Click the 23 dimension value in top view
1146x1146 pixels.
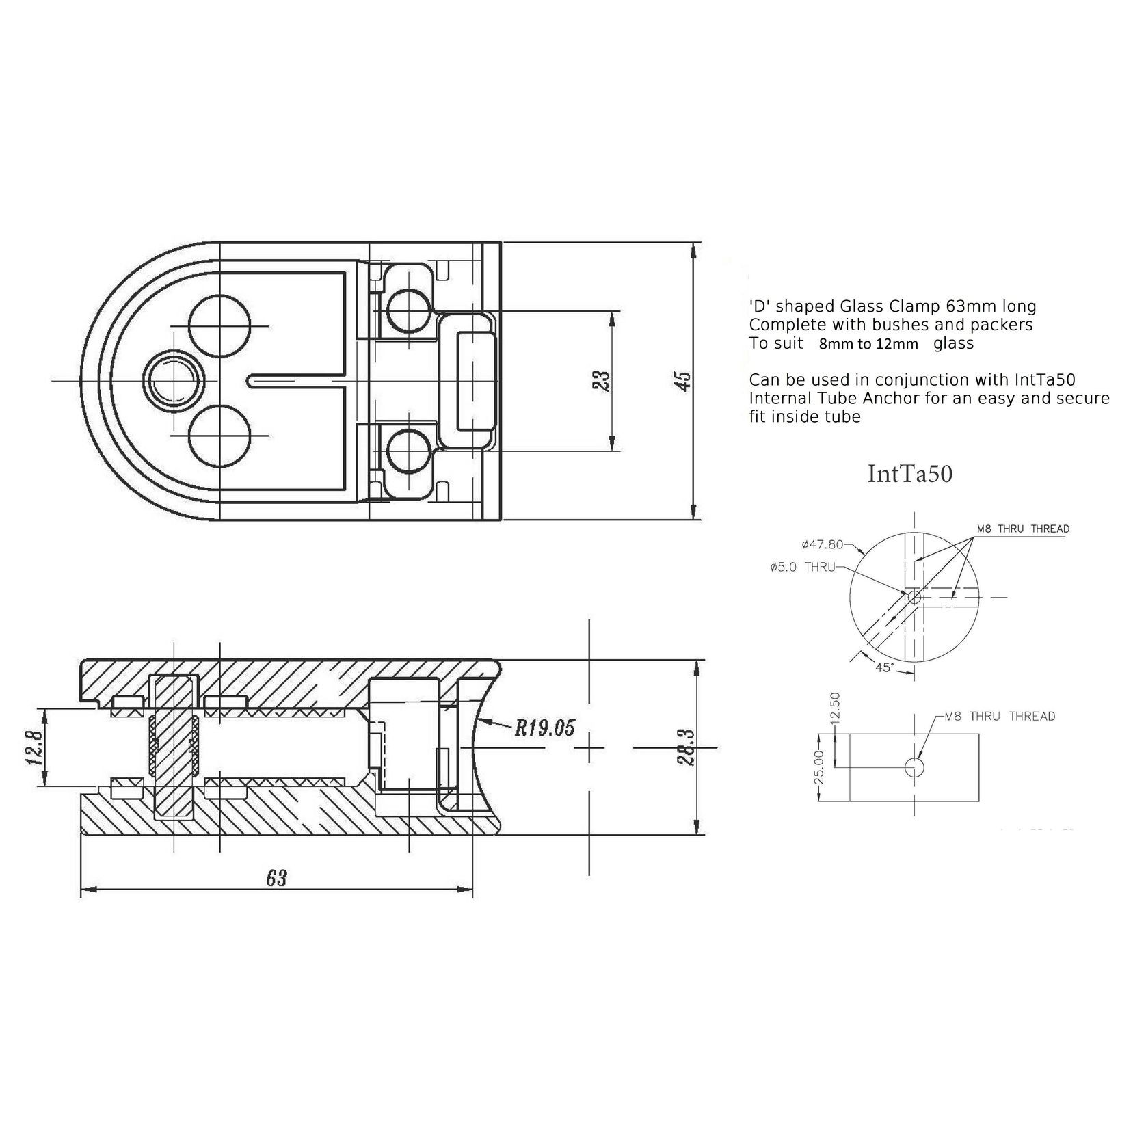(601, 382)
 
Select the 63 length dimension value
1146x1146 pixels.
(276, 878)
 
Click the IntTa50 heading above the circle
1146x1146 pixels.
(909, 475)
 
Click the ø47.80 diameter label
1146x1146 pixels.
(822, 545)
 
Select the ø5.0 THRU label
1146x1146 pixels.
(802, 567)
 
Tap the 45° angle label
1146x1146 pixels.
(884, 667)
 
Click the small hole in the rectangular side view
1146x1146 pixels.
(914, 767)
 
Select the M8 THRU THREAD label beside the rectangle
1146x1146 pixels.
(1000, 717)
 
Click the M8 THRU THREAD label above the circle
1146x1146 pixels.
(1023, 529)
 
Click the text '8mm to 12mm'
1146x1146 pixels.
(868, 345)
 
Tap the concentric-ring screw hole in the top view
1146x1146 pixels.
(174, 379)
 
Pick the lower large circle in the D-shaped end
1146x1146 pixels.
(219, 435)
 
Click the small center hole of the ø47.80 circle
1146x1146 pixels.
(914, 597)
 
